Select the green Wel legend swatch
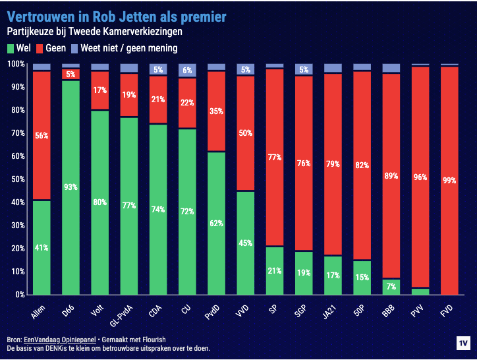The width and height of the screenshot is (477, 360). pos(11,48)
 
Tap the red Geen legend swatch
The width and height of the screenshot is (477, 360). pos(40,48)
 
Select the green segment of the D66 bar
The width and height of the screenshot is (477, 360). pos(70,187)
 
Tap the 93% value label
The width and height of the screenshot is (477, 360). pos(70,187)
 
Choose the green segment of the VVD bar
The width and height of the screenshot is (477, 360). pos(245,243)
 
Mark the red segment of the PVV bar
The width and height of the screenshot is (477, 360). pos(420,177)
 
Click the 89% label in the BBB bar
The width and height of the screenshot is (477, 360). pos(391,176)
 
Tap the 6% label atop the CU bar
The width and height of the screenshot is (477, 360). pos(187,71)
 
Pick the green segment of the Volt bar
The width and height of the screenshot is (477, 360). pos(99,202)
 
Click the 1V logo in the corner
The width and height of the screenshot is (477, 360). pos(463,344)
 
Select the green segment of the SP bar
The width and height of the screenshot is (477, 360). pos(274,270)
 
